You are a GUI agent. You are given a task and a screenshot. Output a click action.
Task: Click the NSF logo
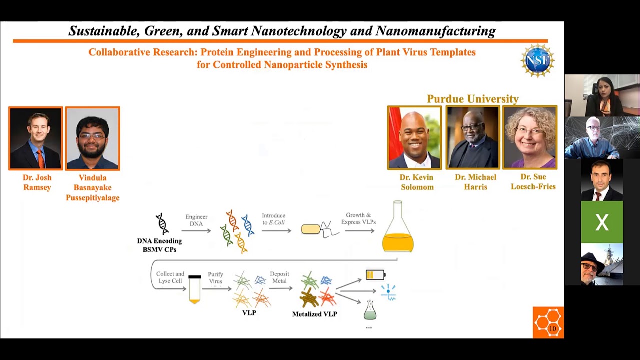(538, 61)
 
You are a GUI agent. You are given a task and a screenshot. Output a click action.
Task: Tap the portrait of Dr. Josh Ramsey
(36, 138)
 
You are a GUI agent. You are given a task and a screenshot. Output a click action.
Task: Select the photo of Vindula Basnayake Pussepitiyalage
(93, 138)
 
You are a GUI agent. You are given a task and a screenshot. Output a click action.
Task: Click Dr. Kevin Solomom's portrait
(415, 137)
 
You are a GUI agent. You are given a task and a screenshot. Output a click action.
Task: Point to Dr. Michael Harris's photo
(472, 137)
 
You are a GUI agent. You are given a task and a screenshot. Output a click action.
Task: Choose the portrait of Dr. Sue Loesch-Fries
(530, 137)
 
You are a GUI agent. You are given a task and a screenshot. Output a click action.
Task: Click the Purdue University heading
(473, 99)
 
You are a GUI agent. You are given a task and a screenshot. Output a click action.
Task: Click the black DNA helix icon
(162, 224)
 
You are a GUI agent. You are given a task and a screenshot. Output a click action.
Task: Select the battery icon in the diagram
(375, 274)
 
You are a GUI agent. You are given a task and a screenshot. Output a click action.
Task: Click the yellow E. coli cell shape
(311, 229)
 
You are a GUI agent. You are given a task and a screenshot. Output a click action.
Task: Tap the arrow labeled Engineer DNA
(196, 231)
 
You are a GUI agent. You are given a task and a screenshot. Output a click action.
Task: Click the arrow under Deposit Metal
(280, 288)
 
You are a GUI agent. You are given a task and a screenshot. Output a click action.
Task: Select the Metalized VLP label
(314, 314)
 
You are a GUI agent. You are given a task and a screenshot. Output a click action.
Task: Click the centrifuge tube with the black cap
(194, 289)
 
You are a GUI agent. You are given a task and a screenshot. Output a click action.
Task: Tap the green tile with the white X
(602, 222)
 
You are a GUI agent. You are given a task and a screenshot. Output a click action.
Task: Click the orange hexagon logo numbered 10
(548, 322)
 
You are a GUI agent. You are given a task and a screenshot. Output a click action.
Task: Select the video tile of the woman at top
(602, 95)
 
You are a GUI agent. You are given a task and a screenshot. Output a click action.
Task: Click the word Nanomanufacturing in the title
(435, 31)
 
